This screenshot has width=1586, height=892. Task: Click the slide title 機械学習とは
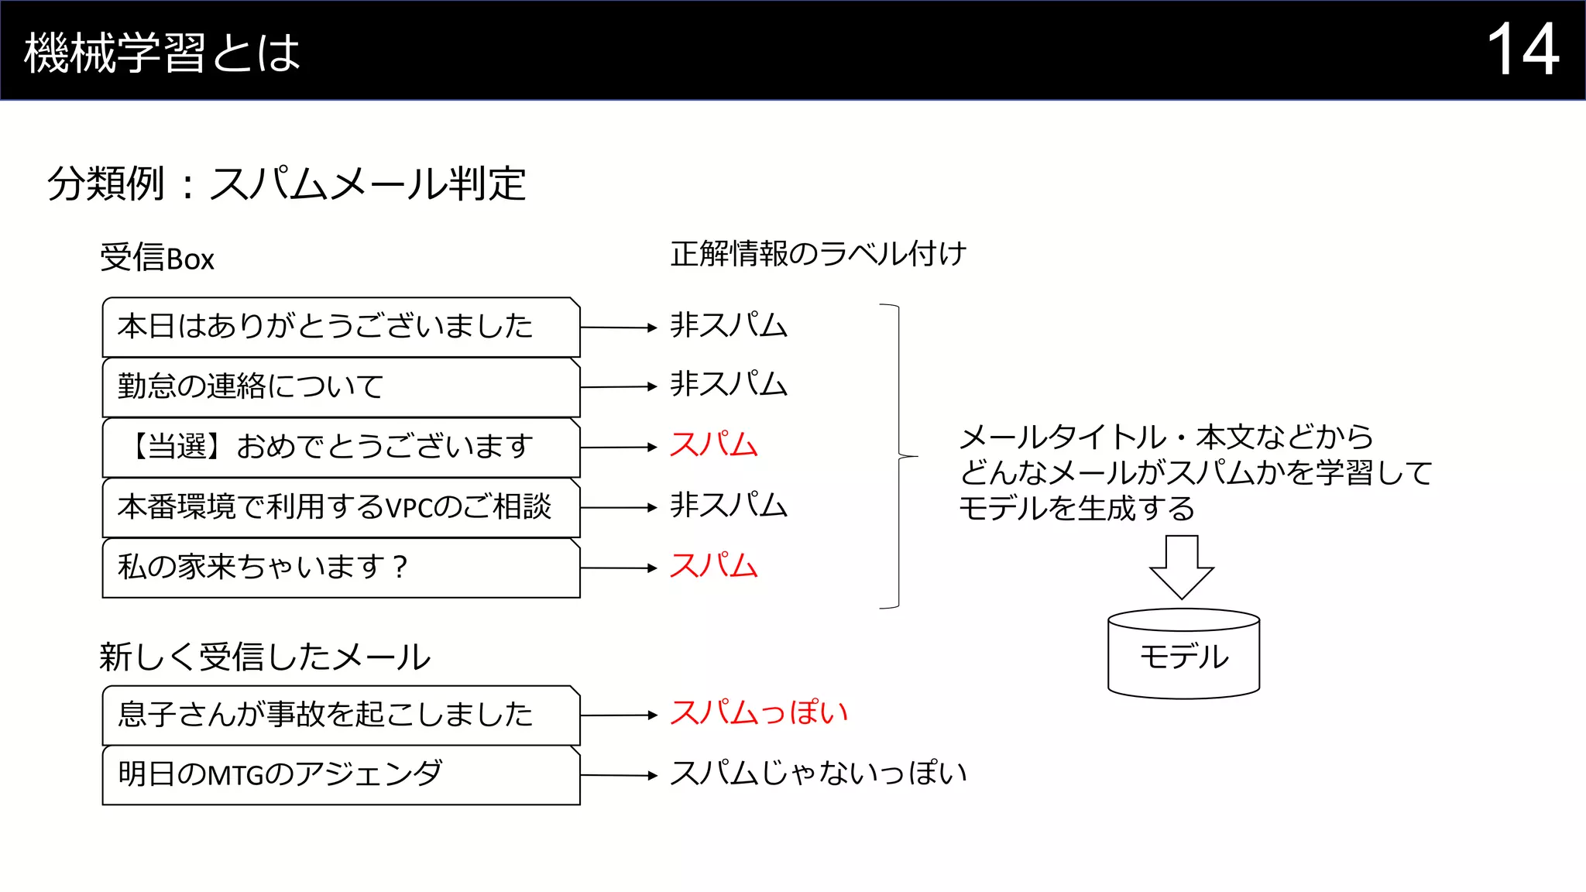[x=162, y=53]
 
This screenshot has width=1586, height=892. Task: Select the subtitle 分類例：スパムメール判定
[x=287, y=184]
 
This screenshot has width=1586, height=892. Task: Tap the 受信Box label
[x=157, y=258]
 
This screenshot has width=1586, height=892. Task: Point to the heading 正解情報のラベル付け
[x=818, y=253]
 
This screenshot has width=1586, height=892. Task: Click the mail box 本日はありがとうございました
[x=341, y=327]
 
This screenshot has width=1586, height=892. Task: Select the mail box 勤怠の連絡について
[x=341, y=386]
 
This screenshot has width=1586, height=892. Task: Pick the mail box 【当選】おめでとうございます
[x=341, y=447]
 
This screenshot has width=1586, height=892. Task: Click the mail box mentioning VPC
[x=341, y=507]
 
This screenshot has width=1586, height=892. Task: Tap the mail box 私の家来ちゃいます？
[x=341, y=568]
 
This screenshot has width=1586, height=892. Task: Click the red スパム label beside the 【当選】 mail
[x=713, y=445]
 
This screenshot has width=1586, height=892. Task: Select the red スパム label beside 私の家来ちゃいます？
[x=713, y=566]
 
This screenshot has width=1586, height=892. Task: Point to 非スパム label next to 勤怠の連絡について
[x=728, y=385]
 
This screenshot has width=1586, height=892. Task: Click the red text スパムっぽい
[x=758, y=713]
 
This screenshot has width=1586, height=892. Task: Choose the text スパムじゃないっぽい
[x=818, y=774]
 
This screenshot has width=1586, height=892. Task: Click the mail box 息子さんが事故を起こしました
[x=341, y=715]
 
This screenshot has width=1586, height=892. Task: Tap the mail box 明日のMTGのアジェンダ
[x=341, y=775]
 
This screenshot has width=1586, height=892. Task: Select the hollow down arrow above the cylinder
[x=1182, y=566]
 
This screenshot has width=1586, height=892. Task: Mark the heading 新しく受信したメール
[x=264, y=657]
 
